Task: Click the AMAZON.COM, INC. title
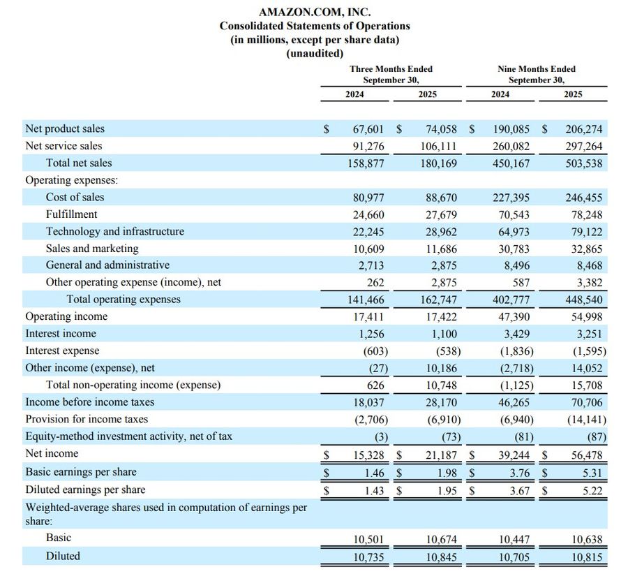315,12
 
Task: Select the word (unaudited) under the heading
315,53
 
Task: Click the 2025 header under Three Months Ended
428,94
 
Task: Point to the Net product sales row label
65,129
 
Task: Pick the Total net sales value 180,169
441,163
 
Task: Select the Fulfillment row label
72,214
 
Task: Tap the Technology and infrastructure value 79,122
585,232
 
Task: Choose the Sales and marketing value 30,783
514,249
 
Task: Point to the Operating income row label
66,316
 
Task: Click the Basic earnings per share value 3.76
520,473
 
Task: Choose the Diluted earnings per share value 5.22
592,490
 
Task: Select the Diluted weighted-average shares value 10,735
368,557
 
